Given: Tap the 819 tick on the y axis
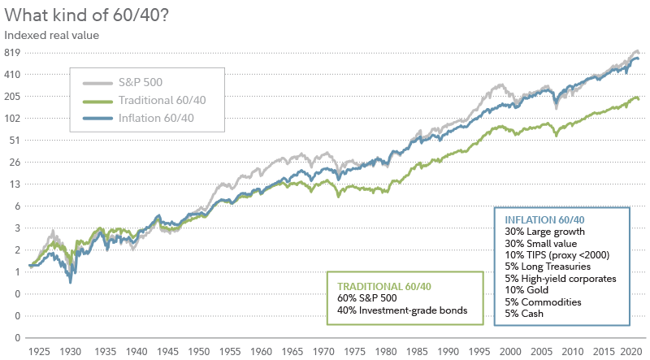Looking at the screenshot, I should tap(11, 53).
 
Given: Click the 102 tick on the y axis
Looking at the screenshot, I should tap(11, 118).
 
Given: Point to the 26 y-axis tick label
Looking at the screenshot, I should tap(14, 162).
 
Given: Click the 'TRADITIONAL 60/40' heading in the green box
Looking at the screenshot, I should tap(385, 286).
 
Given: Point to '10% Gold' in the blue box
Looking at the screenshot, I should tap(526, 289).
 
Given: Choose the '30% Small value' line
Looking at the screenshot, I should tap(540, 243).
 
